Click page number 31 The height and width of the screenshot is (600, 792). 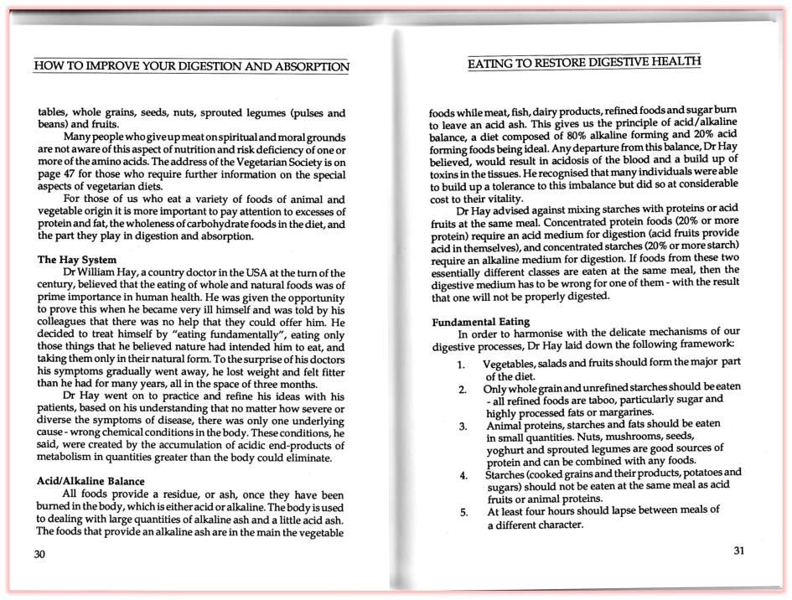pyautogui.click(x=738, y=551)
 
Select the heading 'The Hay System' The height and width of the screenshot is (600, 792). pyautogui.click(x=77, y=260)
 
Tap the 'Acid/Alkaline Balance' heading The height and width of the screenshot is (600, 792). pyautogui.click(x=91, y=481)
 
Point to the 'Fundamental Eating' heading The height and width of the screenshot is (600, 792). pyautogui.click(x=480, y=322)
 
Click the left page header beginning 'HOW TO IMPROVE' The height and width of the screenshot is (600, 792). pyautogui.click(x=190, y=66)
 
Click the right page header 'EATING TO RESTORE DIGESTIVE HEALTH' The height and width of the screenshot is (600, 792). pyautogui.click(x=583, y=62)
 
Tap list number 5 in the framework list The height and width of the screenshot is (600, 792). pyautogui.click(x=463, y=513)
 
